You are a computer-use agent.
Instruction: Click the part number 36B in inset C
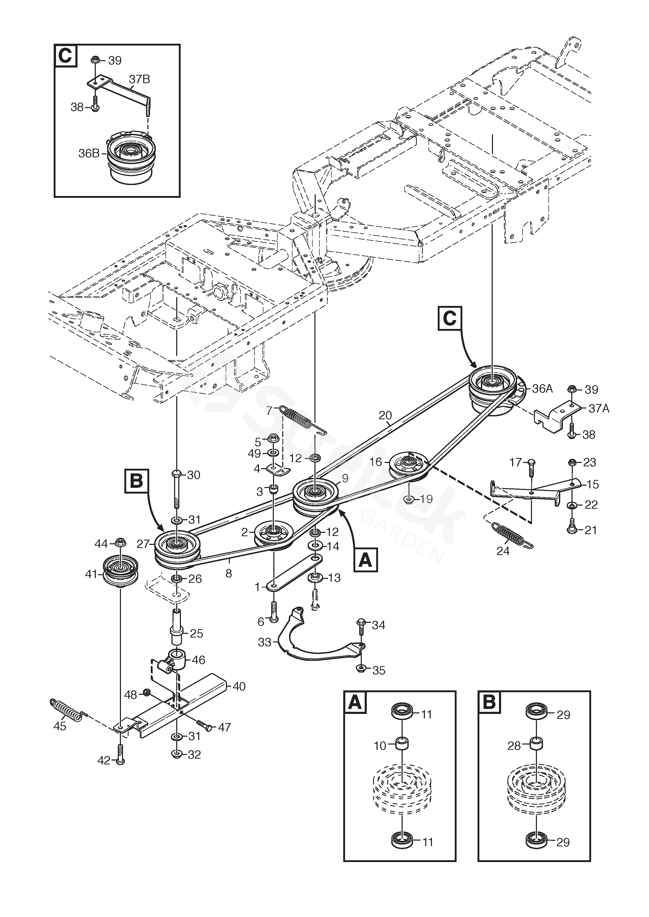pyautogui.click(x=89, y=153)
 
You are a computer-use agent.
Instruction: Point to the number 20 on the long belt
pyautogui.click(x=385, y=416)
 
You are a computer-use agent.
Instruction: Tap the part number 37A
pyautogui.click(x=599, y=408)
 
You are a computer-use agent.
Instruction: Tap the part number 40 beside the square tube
pyautogui.click(x=239, y=686)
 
